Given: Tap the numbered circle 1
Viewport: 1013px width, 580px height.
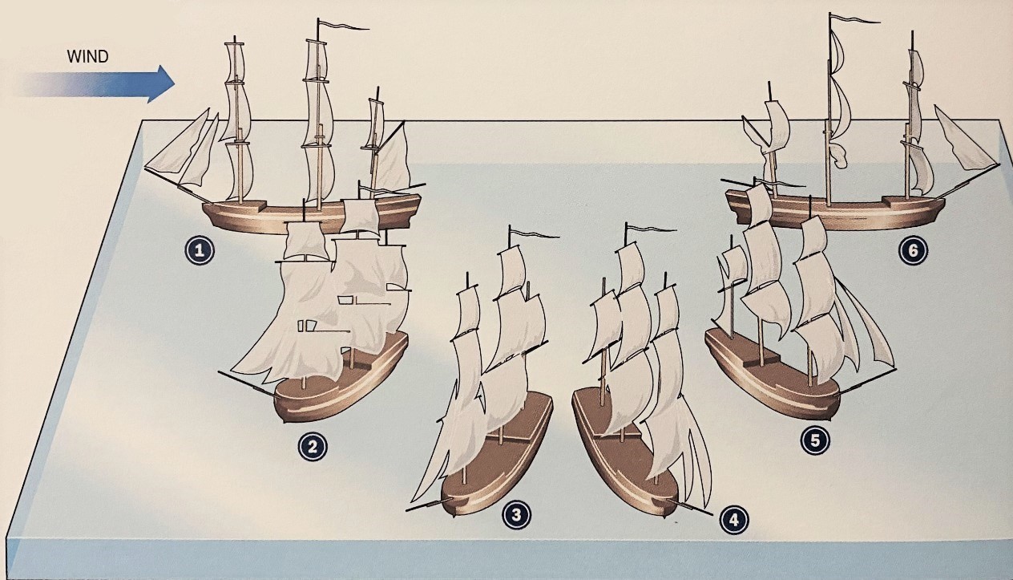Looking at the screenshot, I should [200, 251].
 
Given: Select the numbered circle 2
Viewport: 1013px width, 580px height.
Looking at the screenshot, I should [313, 446].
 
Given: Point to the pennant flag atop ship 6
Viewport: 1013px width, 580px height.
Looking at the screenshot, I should [854, 21].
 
